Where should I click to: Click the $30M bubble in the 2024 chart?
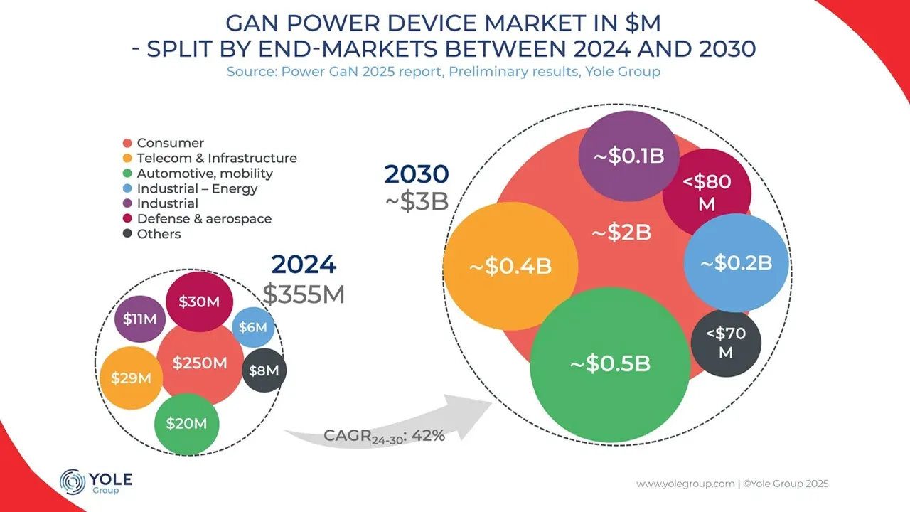coord(200,302)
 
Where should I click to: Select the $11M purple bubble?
coord(139,319)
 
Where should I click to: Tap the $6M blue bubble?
coord(253,327)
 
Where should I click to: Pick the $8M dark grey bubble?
coord(265,370)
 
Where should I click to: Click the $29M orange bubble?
coord(131,378)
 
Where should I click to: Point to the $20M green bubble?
coord(186,424)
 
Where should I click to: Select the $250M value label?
coord(200,363)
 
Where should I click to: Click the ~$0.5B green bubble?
coord(610,363)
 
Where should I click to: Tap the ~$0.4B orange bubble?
coord(510,266)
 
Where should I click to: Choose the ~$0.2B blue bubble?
coord(737,262)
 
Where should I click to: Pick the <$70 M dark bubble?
coord(726,343)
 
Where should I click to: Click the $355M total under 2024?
coord(304,293)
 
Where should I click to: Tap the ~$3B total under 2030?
coord(417,201)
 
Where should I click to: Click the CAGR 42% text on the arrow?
coord(384,435)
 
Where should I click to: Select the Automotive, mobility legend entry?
coord(205,174)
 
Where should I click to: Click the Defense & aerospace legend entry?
coord(204,219)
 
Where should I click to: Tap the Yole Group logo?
coord(96,481)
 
